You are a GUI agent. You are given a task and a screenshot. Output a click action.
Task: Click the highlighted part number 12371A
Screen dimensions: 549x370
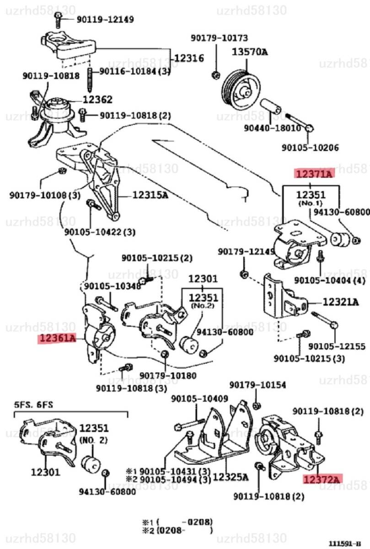(314, 173)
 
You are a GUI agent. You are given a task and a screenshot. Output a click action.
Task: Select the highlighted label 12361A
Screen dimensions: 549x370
(57, 339)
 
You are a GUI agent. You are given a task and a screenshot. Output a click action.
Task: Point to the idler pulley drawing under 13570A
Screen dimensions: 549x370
(241, 88)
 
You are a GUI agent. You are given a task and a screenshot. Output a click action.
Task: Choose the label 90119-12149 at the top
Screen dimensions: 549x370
(98, 19)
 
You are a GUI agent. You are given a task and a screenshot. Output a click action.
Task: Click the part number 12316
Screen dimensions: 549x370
(189, 58)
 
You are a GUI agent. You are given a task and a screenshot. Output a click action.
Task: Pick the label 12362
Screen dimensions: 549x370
(97, 99)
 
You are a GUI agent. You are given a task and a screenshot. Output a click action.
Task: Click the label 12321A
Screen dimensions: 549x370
(341, 302)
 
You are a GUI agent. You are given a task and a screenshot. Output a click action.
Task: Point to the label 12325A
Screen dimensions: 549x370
(231, 477)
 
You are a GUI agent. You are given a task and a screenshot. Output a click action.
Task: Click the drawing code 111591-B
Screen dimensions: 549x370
(348, 544)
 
